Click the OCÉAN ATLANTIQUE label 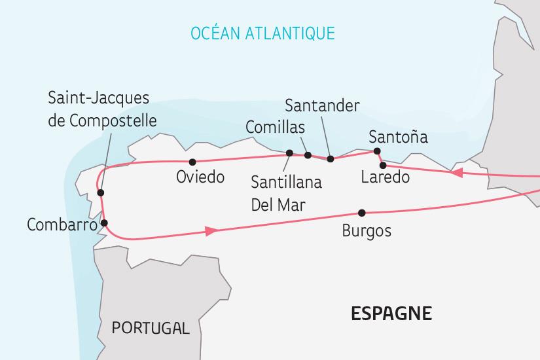[x=262, y=33]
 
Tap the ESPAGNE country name [x=391, y=314]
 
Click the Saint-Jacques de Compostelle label [x=103, y=110]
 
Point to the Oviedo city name [x=200, y=177]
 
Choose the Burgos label [x=367, y=231]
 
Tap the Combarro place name [x=62, y=225]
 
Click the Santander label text [x=323, y=105]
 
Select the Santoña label [x=398, y=137]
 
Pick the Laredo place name [x=386, y=177]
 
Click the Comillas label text [x=275, y=127]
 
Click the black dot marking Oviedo [x=192, y=162]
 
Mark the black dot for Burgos [x=361, y=213]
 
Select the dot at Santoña [x=377, y=151]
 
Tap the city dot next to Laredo [x=383, y=165]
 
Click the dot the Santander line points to [x=330, y=158]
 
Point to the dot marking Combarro [x=104, y=223]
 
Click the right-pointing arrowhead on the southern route [x=211, y=231]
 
